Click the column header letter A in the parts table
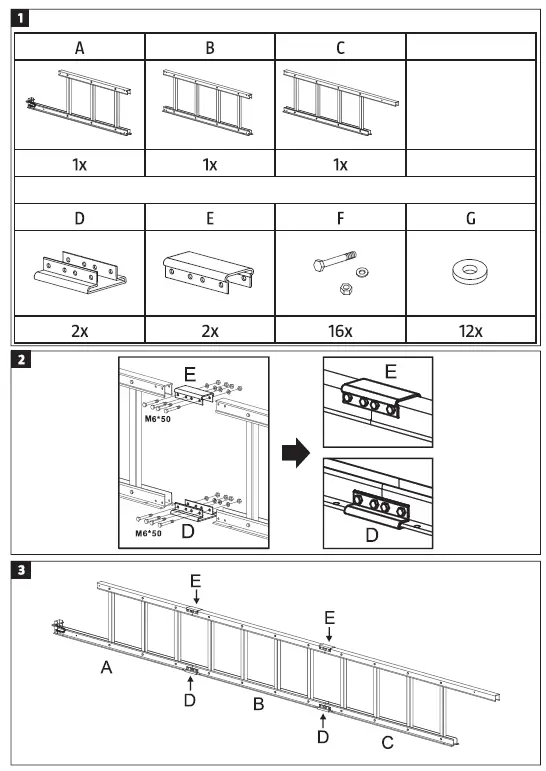[78, 47]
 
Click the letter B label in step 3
[258, 706]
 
